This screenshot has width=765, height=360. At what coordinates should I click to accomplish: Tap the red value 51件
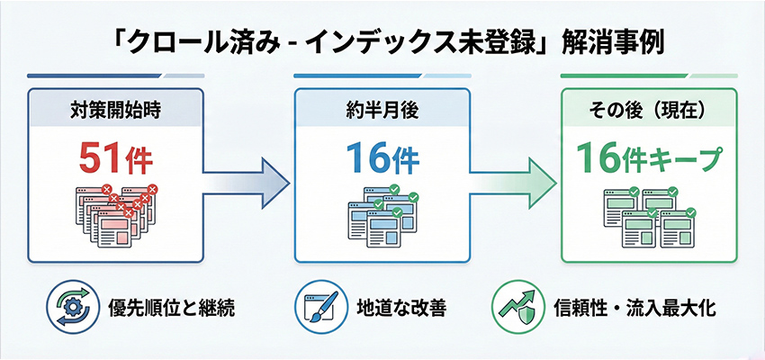click(x=115, y=161)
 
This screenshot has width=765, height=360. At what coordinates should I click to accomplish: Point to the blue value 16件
click(x=381, y=161)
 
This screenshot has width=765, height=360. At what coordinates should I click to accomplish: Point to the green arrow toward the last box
click(x=514, y=177)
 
